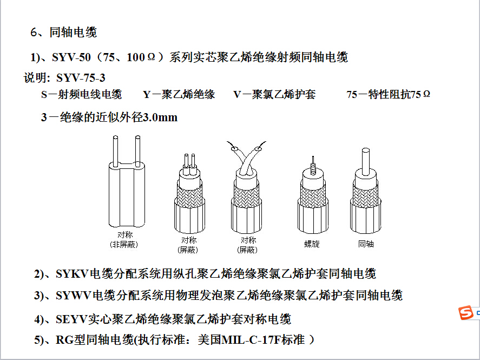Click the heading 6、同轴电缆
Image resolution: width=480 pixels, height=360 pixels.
(x=64, y=32)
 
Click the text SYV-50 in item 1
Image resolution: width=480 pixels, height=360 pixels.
(x=71, y=57)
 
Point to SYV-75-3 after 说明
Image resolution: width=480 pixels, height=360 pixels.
(x=81, y=78)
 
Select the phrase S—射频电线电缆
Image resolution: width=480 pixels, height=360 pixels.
(x=81, y=94)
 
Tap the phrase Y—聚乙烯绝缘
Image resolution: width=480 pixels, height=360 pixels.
(x=179, y=94)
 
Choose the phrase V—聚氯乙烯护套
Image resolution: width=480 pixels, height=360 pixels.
(x=274, y=94)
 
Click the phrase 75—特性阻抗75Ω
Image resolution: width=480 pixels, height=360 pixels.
(x=389, y=94)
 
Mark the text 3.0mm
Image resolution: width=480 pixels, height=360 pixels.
(x=160, y=117)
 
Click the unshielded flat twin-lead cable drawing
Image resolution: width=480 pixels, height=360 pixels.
(x=127, y=182)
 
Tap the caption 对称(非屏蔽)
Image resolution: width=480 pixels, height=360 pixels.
(x=124, y=240)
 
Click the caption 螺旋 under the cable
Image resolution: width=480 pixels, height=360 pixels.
(x=312, y=244)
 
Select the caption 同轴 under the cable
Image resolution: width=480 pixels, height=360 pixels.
(x=366, y=244)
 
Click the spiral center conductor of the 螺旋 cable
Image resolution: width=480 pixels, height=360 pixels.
(x=313, y=166)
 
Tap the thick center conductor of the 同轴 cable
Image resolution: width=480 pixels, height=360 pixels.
(x=365, y=162)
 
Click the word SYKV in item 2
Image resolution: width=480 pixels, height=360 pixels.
(x=73, y=274)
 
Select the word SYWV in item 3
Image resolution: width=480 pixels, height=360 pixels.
(x=74, y=296)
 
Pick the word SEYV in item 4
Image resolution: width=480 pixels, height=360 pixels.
(x=72, y=319)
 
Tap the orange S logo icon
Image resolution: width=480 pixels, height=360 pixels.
(x=466, y=313)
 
